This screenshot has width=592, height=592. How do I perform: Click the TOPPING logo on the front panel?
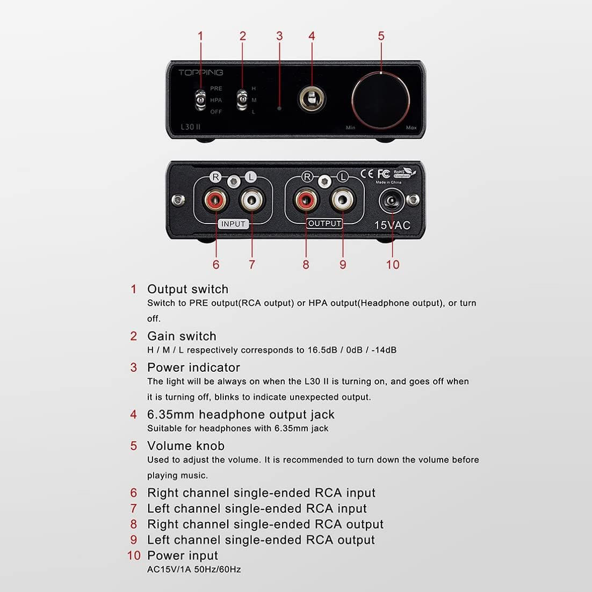coord(200,73)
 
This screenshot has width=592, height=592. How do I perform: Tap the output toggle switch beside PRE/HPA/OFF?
coord(200,100)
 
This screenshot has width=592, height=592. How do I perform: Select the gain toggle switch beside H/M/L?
coord(242,100)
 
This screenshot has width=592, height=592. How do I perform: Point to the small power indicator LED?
coord(279,108)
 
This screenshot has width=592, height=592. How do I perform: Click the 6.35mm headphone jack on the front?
coord(311,99)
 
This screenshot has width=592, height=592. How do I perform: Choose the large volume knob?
coord(381,100)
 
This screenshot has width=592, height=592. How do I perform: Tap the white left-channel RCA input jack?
coord(251,201)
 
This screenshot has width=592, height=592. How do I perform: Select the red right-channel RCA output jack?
coord(306,201)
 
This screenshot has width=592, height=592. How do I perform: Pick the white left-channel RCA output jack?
coord(342,201)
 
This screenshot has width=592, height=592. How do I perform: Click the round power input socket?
coord(392,203)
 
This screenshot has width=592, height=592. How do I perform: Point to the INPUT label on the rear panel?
coord(233,224)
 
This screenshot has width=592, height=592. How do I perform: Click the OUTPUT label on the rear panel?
coord(325,223)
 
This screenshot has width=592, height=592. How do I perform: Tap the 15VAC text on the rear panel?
coord(392,225)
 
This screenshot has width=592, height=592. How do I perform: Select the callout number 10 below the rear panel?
coord(393,264)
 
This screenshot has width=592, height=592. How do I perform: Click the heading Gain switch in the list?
coord(182,336)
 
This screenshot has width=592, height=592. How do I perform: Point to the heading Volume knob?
coord(185,446)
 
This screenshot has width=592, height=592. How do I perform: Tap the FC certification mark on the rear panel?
coord(383,174)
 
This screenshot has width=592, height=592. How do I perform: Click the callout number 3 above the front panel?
coord(279,36)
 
